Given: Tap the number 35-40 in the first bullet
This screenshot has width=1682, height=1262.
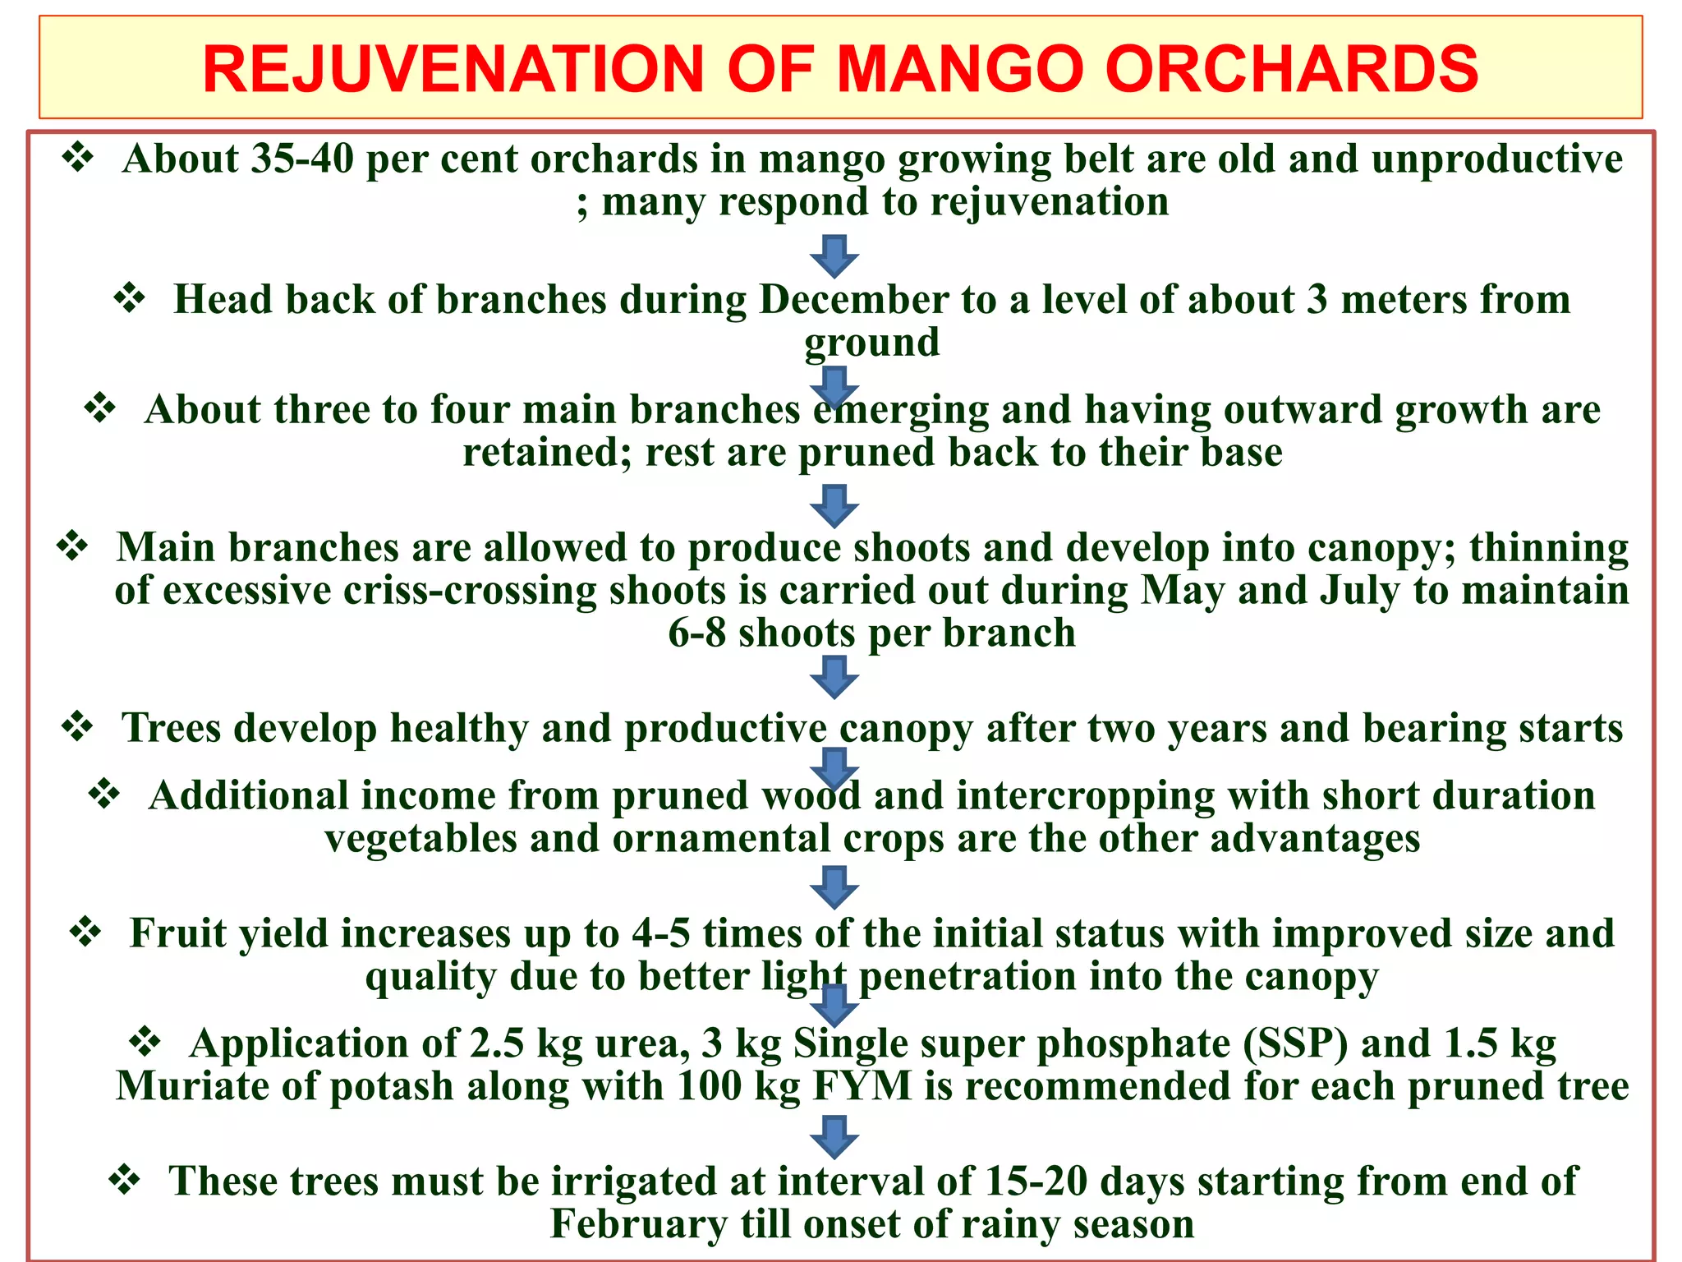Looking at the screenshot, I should pyautogui.click(x=302, y=159).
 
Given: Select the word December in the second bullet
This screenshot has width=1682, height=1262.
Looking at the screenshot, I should pyautogui.click(x=854, y=299).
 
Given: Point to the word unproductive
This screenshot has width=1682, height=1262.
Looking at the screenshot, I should pyautogui.click(x=1496, y=159).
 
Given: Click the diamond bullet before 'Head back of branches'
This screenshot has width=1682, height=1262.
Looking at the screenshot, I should pyautogui.click(x=130, y=297).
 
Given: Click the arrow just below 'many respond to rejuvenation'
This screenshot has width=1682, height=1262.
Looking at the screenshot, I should pyautogui.click(x=834, y=256).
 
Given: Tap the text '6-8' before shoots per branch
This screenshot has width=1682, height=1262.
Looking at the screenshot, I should pyautogui.click(x=696, y=633).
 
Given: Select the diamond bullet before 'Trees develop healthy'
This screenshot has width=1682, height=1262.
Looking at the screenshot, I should pyautogui.click(x=78, y=726).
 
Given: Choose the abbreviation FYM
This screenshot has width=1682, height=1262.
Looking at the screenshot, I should pyautogui.click(x=862, y=1086).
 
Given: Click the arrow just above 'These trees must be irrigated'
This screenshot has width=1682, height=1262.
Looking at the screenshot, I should pyautogui.click(x=834, y=1137).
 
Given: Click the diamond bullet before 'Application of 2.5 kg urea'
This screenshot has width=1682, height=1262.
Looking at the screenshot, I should pyautogui.click(x=145, y=1042).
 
